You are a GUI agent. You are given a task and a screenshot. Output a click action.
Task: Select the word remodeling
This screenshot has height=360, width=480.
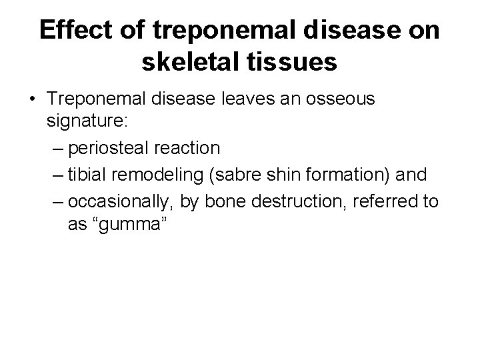pos(157,175)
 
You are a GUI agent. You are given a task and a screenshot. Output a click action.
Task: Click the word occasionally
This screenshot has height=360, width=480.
pos(122,202)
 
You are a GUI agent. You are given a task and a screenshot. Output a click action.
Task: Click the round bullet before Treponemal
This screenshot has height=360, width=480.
pos(32,100)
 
